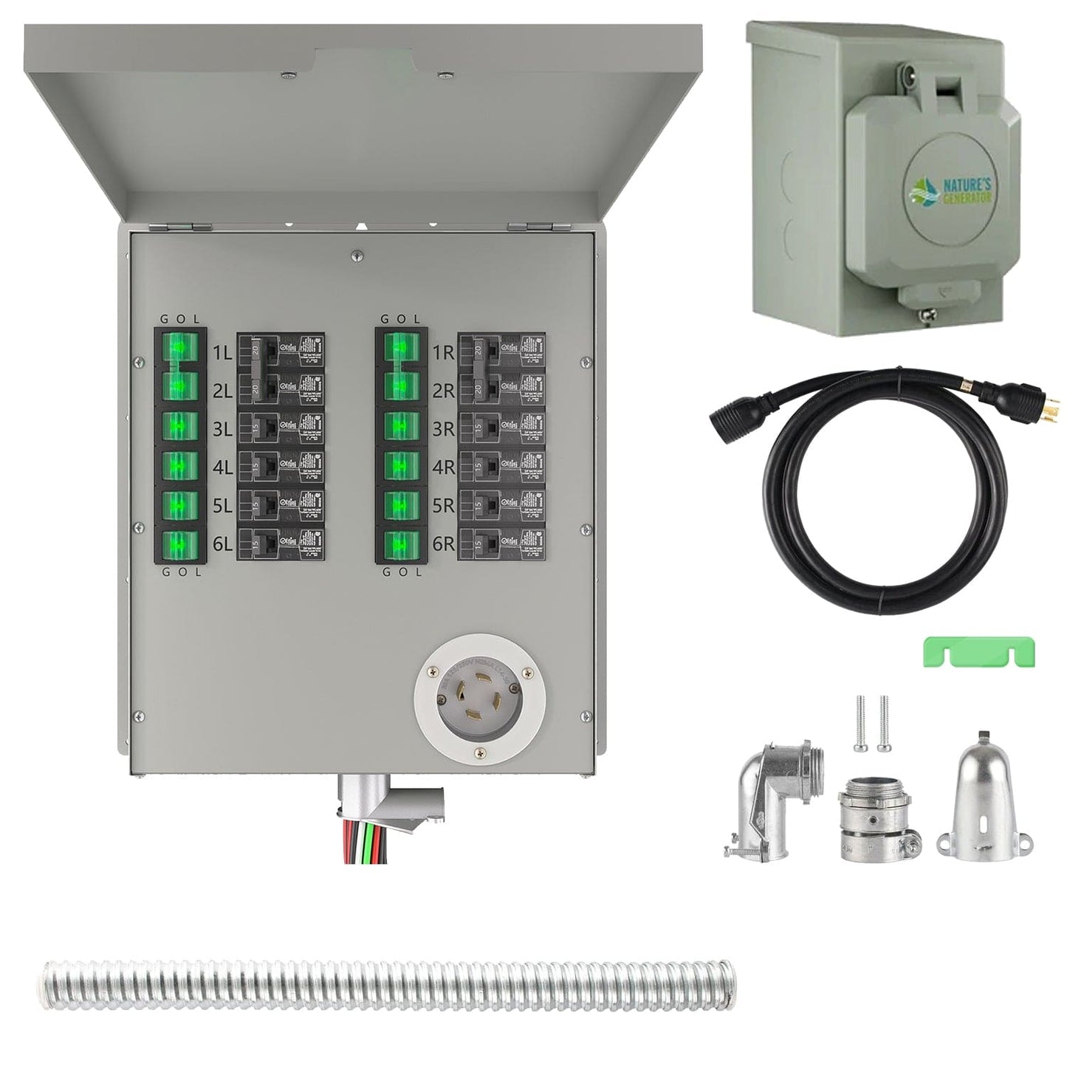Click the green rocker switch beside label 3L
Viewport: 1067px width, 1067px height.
[x=180, y=426]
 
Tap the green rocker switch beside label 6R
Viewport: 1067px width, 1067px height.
[x=401, y=544]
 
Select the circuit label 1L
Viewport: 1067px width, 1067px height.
[x=222, y=353]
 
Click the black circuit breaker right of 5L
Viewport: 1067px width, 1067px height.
[x=281, y=506]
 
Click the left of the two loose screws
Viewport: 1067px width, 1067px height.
[x=860, y=723]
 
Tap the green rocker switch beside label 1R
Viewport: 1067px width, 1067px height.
[x=401, y=348]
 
